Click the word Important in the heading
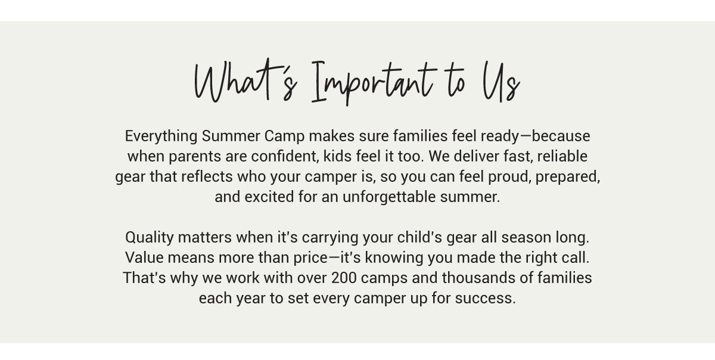374,83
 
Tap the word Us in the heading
501,82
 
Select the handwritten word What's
245,80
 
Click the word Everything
161,136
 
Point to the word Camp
284,136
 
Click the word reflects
207,176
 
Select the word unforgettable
389,197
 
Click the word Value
144,257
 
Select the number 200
344,278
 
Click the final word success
486,299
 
